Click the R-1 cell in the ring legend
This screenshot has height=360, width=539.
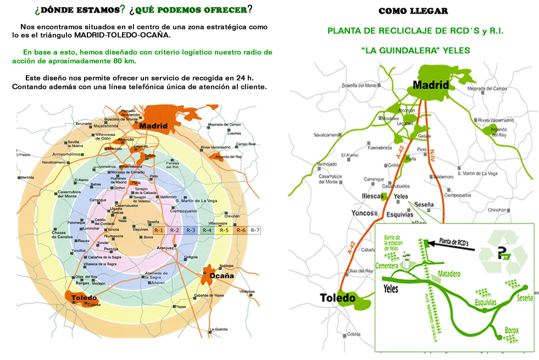point(158,230)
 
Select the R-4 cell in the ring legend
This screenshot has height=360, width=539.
point(207,230)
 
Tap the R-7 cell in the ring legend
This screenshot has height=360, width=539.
point(255,230)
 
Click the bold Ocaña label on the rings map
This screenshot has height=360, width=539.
point(222,275)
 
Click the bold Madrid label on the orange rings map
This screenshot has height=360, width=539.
point(153,126)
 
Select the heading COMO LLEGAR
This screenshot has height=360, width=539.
point(413,11)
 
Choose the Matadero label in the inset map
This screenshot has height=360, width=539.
point(450,273)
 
